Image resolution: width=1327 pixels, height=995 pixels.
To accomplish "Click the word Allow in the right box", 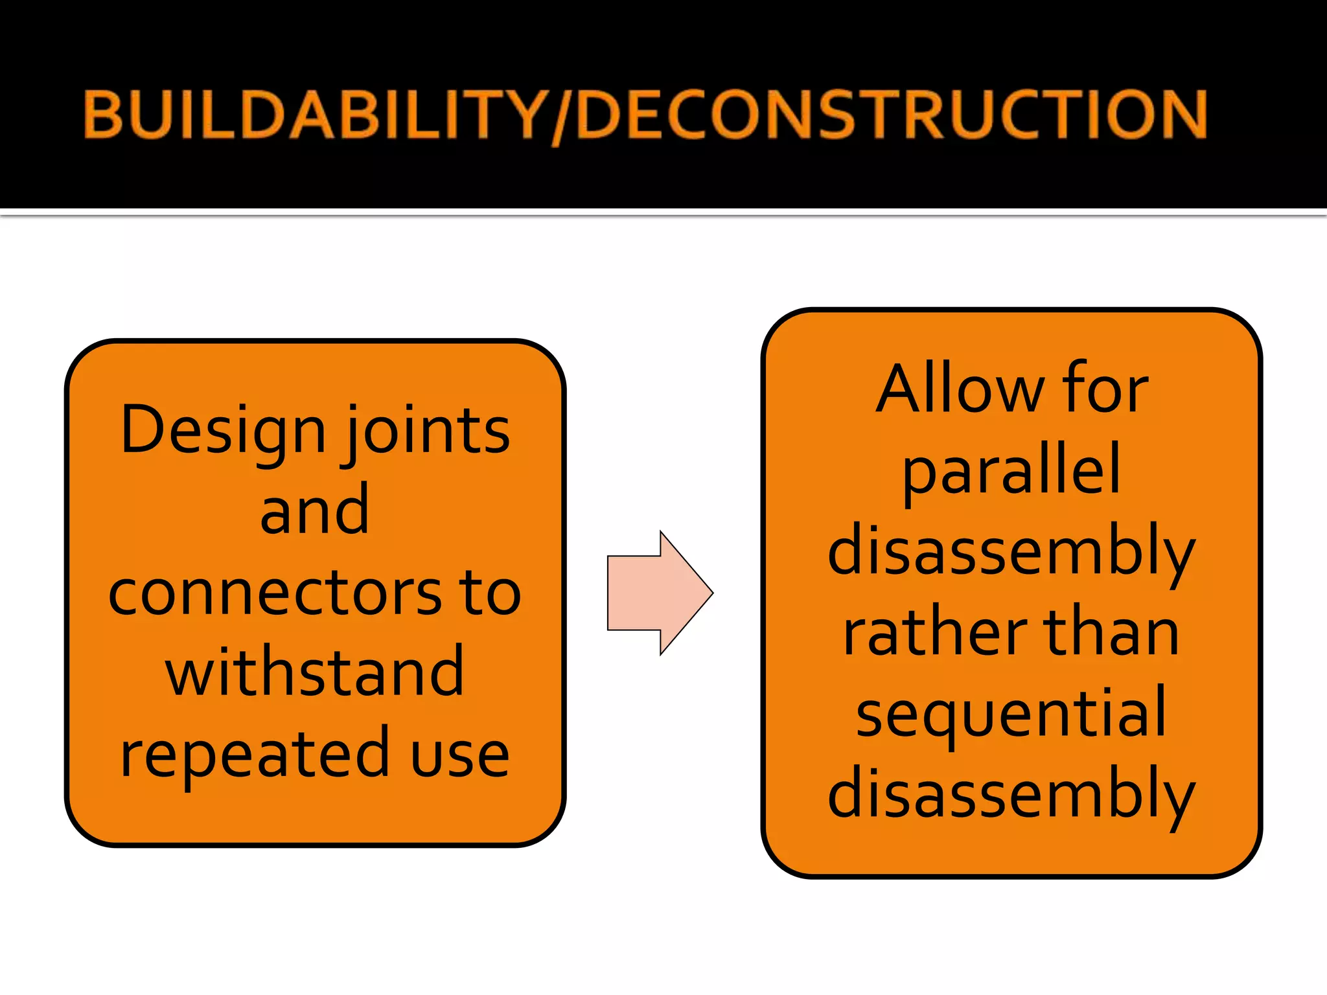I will (x=958, y=390).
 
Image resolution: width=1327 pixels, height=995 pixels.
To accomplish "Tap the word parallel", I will (x=1011, y=472).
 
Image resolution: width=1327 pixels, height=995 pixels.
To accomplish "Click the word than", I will (x=1111, y=634).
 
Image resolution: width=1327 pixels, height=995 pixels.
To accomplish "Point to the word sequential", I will (x=1011, y=715).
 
